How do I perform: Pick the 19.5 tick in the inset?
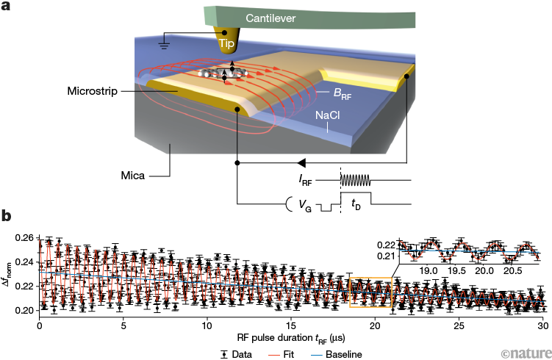click(455, 270)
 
